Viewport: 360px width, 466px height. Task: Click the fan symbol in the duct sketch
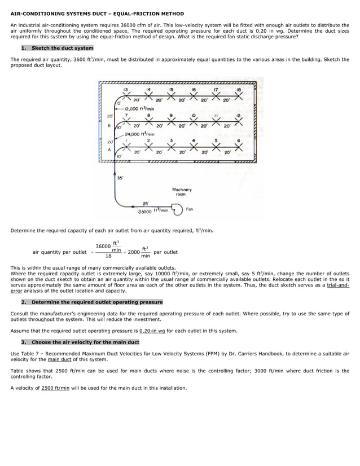tap(178, 210)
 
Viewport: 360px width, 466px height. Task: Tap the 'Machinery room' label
tap(182, 192)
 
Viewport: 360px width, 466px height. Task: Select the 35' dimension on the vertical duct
tap(120, 179)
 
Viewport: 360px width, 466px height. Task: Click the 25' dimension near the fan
tap(146, 204)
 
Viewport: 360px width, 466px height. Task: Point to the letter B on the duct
tap(108, 126)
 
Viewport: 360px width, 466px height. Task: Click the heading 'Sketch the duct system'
tap(62, 48)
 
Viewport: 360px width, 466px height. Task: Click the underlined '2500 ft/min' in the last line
tap(55, 388)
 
